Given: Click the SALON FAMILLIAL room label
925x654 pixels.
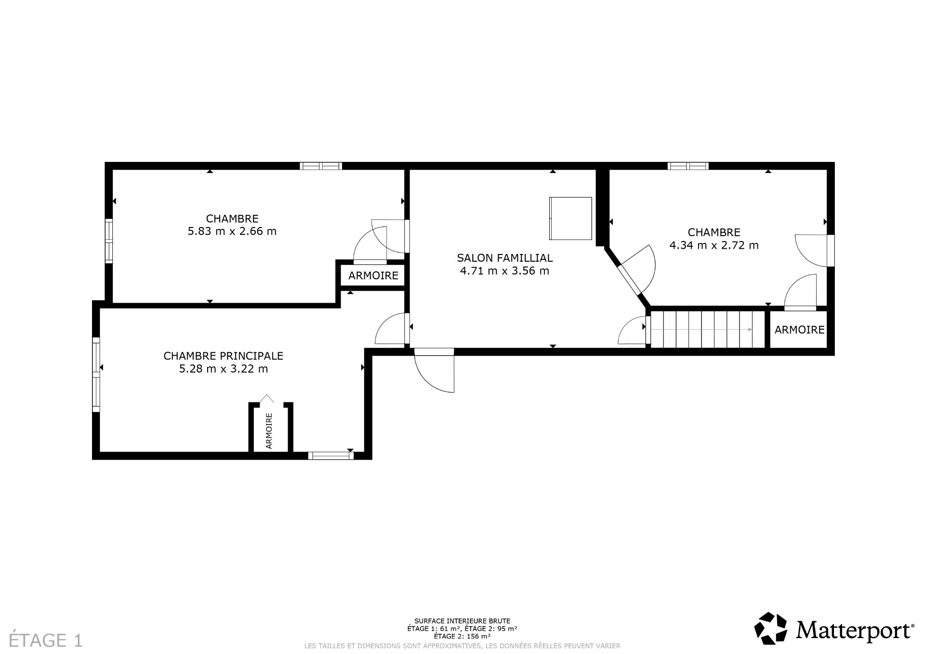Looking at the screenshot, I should tap(504, 258).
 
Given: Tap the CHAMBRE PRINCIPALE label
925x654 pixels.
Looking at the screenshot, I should tap(223, 356).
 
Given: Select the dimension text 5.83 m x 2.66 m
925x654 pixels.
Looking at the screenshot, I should tap(232, 231).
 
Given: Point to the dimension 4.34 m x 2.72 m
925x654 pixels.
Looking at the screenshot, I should tap(714, 245).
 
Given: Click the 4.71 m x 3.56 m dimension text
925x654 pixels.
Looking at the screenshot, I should tap(504, 271).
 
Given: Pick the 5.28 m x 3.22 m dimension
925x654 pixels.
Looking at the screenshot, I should tap(223, 369).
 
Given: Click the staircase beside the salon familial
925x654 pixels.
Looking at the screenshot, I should tap(707, 329).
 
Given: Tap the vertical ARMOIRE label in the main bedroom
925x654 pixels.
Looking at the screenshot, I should tap(269, 430).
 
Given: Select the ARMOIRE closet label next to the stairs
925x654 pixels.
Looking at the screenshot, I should tap(799, 330).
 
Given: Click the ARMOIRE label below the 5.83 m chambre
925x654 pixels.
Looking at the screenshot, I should tap(373, 276).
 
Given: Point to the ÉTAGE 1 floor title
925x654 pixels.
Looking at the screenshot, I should tap(46, 641).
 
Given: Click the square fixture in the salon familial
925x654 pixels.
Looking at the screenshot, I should tap(570, 218).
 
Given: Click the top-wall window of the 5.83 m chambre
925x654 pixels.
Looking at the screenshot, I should tap(320, 166).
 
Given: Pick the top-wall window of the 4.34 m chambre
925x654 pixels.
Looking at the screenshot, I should tap(688, 166).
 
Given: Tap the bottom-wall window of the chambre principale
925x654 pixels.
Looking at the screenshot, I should tap(330, 455).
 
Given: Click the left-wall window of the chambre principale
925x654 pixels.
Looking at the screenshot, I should tap(96, 374).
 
